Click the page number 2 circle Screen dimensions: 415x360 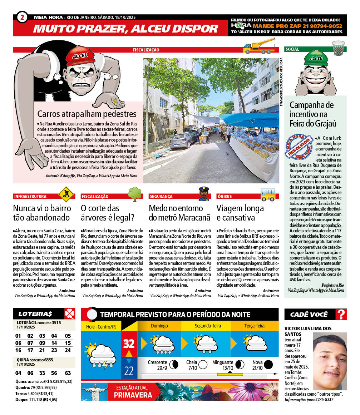(22, 17)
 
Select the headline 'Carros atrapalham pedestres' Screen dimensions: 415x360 (87, 114)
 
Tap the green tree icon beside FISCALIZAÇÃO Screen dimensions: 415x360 (135, 193)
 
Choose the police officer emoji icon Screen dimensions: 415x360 (204, 193)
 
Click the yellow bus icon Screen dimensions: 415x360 (268, 194)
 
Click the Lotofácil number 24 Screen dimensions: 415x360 (68, 350)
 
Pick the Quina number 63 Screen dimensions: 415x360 (68, 373)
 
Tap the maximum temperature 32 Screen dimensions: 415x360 (129, 344)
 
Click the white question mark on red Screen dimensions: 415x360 (341, 314)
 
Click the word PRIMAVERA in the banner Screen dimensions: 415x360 (133, 395)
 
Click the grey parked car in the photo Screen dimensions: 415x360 (184, 139)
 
